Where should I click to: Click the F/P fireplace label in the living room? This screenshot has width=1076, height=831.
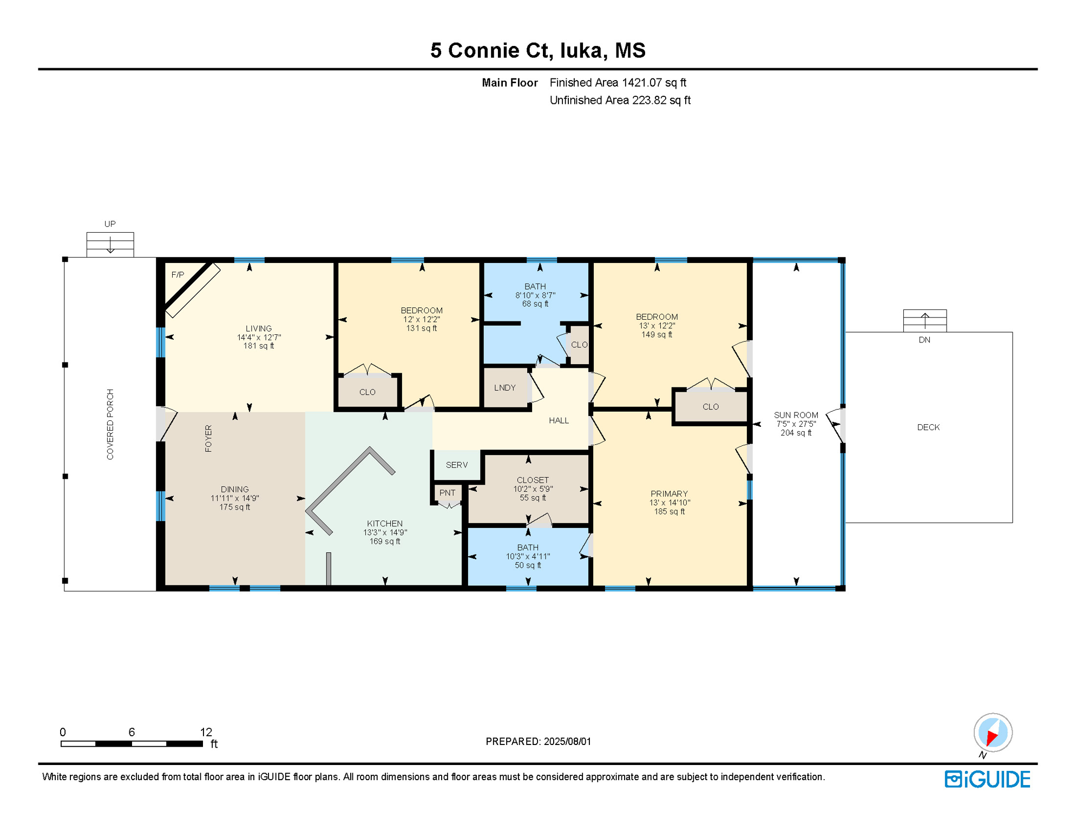click(178, 275)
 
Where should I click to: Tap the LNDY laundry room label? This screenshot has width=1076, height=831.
click(504, 388)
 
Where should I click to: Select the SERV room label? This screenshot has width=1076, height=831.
click(457, 465)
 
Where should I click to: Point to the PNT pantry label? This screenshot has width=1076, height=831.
click(447, 493)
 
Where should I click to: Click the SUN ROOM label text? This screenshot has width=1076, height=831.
click(796, 415)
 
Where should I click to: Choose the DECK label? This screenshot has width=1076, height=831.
click(928, 427)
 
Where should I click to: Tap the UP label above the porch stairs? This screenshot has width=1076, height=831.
click(110, 224)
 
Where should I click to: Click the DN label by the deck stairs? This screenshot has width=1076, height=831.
click(924, 340)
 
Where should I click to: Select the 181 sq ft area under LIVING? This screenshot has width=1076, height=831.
click(259, 346)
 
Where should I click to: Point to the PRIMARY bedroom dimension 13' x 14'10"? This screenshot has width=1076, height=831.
click(670, 503)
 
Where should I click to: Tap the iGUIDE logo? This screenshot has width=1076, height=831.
click(987, 780)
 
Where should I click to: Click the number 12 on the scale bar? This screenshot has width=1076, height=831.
click(206, 733)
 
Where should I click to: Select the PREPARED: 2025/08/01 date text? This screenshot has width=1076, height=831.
click(538, 742)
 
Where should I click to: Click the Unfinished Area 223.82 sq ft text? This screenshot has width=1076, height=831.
click(620, 101)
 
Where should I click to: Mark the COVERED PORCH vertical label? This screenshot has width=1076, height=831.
click(110, 425)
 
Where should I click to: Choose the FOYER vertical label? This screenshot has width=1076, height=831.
click(208, 438)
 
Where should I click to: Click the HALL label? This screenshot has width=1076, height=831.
click(559, 421)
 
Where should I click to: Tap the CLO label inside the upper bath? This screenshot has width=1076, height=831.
click(579, 345)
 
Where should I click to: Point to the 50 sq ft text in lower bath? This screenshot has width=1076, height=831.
click(528, 566)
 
